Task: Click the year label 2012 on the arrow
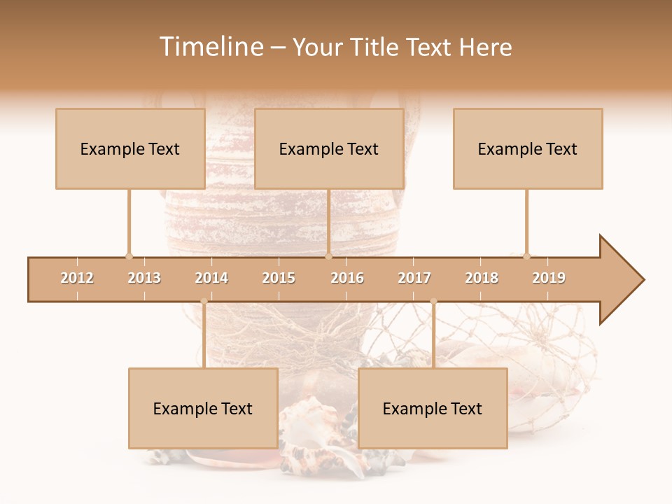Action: pyautogui.click(x=77, y=278)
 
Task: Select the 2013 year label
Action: pyautogui.click(x=144, y=278)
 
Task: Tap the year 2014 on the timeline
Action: pyautogui.click(x=211, y=278)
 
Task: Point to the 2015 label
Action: pyautogui.click(x=279, y=278)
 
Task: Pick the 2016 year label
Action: pyautogui.click(x=347, y=278)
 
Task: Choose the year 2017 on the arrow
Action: pyautogui.click(x=414, y=278)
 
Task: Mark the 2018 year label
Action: pyautogui.click(x=482, y=278)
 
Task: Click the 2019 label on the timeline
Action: pyautogui.click(x=549, y=278)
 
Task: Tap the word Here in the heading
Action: pyautogui.click(x=485, y=47)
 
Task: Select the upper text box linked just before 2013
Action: pyautogui.click(x=130, y=148)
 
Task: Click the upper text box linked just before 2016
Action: pyautogui.click(x=329, y=148)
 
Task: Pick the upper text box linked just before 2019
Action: pyautogui.click(x=528, y=148)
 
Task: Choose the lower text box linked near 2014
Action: pyautogui.click(x=203, y=408)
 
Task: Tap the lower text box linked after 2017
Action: pyautogui.click(x=433, y=408)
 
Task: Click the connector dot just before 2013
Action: pyautogui.click(x=129, y=256)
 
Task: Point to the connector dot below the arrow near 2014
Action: pyautogui.click(x=204, y=302)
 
